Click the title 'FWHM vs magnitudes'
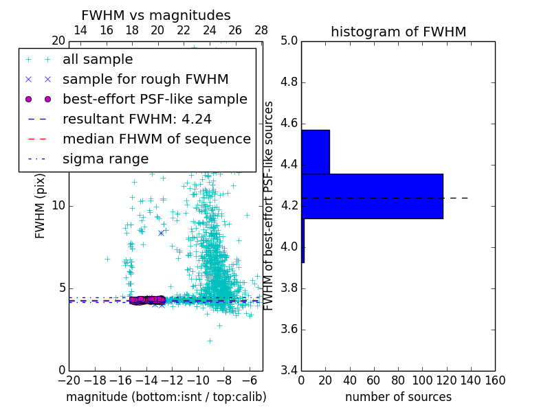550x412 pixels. click(x=155, y=16)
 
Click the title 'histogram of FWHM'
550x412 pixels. click(x=398, y=32)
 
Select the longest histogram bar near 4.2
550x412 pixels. click(x=372, y=196)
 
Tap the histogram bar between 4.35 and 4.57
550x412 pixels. click(x=315, y=152)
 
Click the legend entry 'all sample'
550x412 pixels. click(x=98, y=60)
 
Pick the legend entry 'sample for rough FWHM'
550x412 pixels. click(x=145, y=79)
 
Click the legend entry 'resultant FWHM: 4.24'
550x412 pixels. click(x=137, y=119)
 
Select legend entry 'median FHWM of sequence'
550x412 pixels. click(x=156, y=139)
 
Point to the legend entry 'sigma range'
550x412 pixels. click(x=105, y=159)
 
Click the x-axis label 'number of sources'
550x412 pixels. click(x=398, y=397)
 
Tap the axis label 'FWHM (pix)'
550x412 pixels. click(x=41, y=205)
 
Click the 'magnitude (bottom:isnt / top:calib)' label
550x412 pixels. click(x=166, y=397)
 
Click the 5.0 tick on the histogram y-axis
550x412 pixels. click(x=289, y=41)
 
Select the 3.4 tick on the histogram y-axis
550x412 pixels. click(x=289, y=370)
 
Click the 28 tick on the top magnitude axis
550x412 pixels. click(x=261, y=30)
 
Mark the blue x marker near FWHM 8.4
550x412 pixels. click(x=161, y=233)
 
